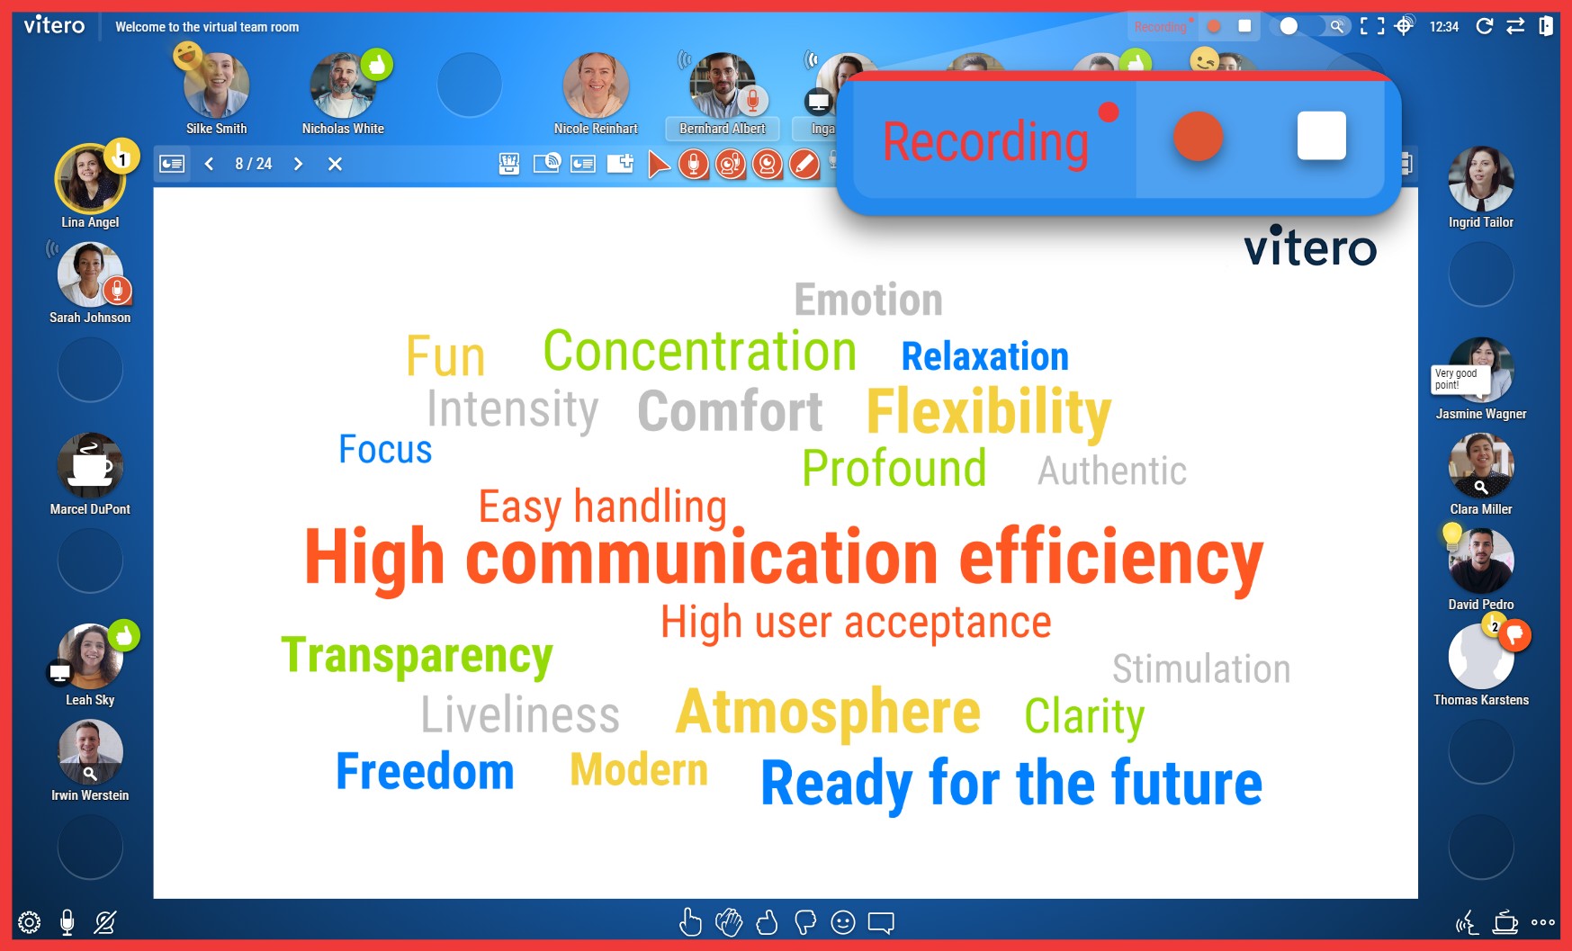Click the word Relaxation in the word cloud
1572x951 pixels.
point(985,356)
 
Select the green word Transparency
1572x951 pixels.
point(417,657)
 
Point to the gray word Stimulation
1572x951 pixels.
point(1201,669)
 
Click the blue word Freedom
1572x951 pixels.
point(425,772)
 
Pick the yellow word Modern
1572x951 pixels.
point(639,770)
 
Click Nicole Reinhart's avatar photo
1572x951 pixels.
point(596,85)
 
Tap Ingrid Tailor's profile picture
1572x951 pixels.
point(1481,179)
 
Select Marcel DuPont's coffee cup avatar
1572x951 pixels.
point(90,465)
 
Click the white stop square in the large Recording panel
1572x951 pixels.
point(1321,136)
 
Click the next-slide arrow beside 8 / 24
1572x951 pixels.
point(298,164)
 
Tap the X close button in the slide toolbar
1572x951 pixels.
point(335,164)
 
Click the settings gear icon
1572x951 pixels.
point(30,922)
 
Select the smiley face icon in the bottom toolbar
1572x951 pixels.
point(843,922)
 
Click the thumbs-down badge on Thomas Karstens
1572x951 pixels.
point(1515,635)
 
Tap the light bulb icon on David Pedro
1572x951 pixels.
point(1451,536)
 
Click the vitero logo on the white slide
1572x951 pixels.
point(1310,246)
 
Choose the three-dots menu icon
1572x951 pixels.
point(1543,922)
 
